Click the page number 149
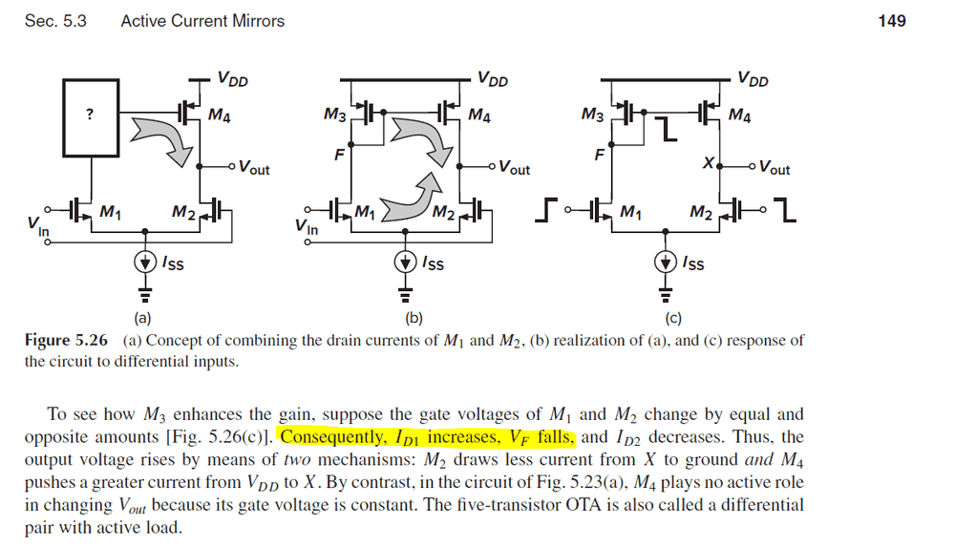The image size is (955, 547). pos(891,20)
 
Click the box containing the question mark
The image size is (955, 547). pos(90,115)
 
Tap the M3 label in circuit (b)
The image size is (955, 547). pos(335,116)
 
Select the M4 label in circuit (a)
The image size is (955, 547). pos(220,116)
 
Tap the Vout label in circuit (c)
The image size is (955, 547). pos(774,169)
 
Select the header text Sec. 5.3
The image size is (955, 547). pos(55,20)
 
